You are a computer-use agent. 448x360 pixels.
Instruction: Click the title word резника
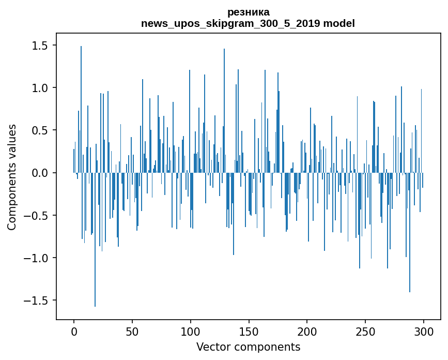[x=248, y=12]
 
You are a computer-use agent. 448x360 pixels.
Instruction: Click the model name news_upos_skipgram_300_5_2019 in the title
[x=230, y=23]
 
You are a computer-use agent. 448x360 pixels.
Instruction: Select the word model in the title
[x=339, y=23]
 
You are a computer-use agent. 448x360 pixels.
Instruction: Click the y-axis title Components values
[x=12, y=177]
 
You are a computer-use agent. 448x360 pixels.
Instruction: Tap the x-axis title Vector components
[x=248, y=347]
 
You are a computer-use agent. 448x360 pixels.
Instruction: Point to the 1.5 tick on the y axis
[x=40, y=46]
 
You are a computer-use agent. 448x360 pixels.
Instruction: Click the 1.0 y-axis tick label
[x=40, y=88]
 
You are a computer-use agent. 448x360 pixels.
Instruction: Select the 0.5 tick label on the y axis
[x=40, y=130]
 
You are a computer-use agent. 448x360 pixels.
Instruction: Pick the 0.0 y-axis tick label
[x=40, y=173]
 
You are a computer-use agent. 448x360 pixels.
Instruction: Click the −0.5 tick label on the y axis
[x=36, y=215]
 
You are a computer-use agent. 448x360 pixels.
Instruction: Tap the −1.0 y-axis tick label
[x=36, y=258]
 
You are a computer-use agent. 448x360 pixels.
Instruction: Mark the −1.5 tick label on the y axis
[x=36, y=300]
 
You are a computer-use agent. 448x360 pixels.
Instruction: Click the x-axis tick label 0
[x=74, y=332]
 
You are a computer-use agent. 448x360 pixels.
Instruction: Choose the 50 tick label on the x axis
[x=132, y=332]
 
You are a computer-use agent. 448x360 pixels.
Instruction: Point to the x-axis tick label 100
[x=190, y=332]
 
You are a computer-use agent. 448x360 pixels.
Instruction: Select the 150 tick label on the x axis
[x=249, y=332]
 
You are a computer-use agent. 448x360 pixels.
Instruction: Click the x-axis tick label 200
[x=307, y=332]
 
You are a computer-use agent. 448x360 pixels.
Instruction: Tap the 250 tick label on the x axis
[x=365, y=332]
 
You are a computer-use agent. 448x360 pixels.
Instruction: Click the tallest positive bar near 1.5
[x=81, y=109]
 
